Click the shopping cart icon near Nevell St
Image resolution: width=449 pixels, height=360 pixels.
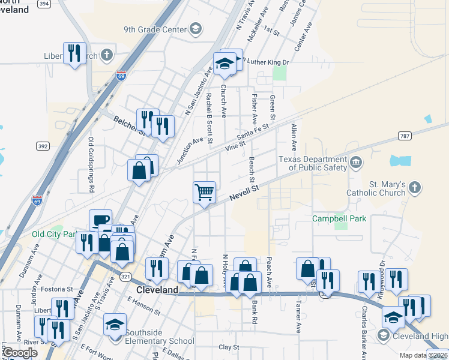[x=204, y=193]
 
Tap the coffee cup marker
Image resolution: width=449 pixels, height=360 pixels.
[x=100, y=220]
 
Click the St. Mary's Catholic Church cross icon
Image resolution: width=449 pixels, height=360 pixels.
[x=414, y=188]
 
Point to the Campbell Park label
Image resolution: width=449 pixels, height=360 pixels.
[x=339, y=219]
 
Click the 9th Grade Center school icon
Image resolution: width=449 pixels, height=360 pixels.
[x=195, y=29]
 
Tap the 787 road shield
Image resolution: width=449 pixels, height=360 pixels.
[x=405, y=136]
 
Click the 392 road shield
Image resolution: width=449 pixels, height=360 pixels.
[x=43, y=146]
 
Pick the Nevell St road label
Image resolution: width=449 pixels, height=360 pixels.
[x=245, y=194]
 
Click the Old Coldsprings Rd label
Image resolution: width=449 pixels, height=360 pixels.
[x=92, y=164]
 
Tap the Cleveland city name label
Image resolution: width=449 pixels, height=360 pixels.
[x=157, y=290]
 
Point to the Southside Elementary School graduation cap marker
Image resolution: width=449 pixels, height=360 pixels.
[x=115, y=325]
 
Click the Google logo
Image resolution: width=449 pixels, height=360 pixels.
[x=20, y=353]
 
